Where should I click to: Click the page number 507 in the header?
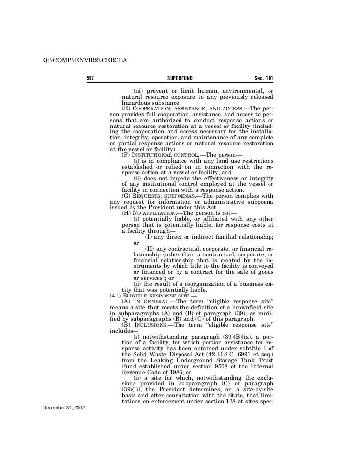(x=90, y=79)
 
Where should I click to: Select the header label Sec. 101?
(x=264, y=79)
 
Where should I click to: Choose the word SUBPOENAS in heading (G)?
(x=183, y=196)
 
